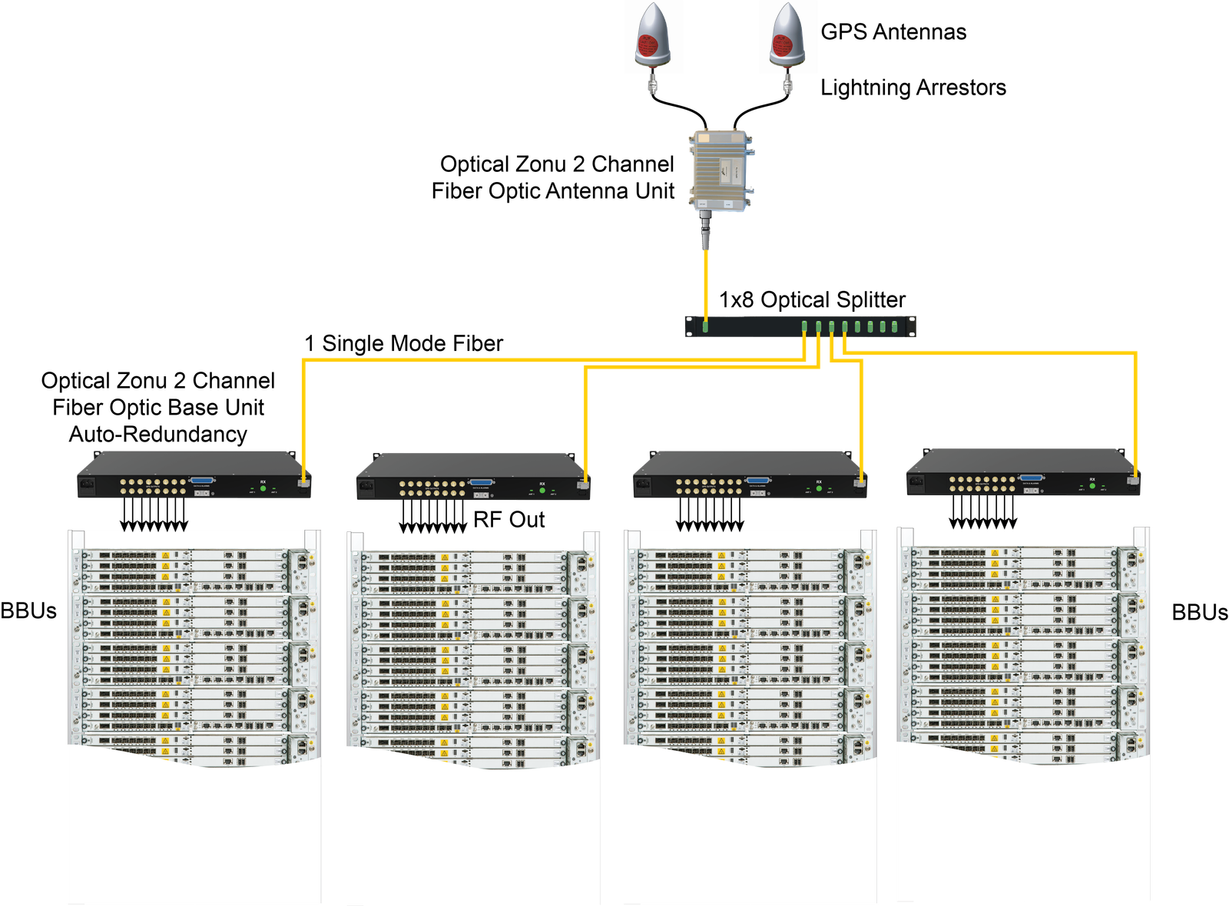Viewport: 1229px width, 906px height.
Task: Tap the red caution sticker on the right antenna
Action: coord(783,45)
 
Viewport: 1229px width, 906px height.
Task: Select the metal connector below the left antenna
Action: coord(654,82)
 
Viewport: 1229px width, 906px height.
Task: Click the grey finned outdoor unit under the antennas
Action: coord(720,170)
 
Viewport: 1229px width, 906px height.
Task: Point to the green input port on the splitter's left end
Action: coord(705,326)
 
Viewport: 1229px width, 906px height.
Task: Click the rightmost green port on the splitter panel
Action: coord(896,327)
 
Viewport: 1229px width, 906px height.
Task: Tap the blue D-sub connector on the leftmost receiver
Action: coord(202,480)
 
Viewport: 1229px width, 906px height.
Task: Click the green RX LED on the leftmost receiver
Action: coord(263,488)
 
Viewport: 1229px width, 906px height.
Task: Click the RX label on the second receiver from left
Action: coord(542,484)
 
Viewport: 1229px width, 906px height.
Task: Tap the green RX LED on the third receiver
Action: coord(819,488)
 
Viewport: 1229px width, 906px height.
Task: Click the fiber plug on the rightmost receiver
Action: coord(1133,480)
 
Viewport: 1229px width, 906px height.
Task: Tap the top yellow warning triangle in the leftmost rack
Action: coord(165,555)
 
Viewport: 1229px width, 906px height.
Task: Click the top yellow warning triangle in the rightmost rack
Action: coord(995,553)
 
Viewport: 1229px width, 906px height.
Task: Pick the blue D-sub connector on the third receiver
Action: coord(757,481)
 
